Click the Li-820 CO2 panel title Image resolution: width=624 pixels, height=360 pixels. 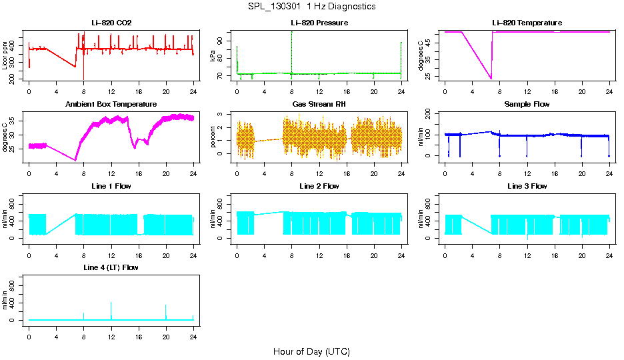tap(111, 23)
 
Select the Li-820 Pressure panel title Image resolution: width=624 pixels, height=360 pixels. tap(319, 23)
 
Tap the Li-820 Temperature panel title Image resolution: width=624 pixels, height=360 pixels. tap(527, 23)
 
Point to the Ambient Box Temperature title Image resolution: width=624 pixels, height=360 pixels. tap(111, 105)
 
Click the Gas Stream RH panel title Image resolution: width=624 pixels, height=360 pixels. tap(319, 105)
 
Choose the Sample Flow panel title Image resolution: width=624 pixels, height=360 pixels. tap(527, 105)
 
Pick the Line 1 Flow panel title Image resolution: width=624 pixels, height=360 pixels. tap(111, 186)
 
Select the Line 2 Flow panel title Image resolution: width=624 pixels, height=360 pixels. tap(319, 186)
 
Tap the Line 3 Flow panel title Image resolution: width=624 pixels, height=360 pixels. tap(527, 186)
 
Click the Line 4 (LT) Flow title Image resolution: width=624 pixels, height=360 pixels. tap(111, 267)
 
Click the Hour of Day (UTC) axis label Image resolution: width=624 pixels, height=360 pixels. tap(311, 351)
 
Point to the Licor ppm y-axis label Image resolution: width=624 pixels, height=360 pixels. tap(5, 56)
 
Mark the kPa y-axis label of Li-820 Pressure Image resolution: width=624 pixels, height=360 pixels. tap(213, 56)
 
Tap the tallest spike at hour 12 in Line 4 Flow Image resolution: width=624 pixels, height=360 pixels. tap(111, 303)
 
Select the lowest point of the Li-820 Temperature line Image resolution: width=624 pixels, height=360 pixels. tap(491, 79)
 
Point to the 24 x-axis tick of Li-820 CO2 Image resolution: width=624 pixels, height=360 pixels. tap(193, 90)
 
